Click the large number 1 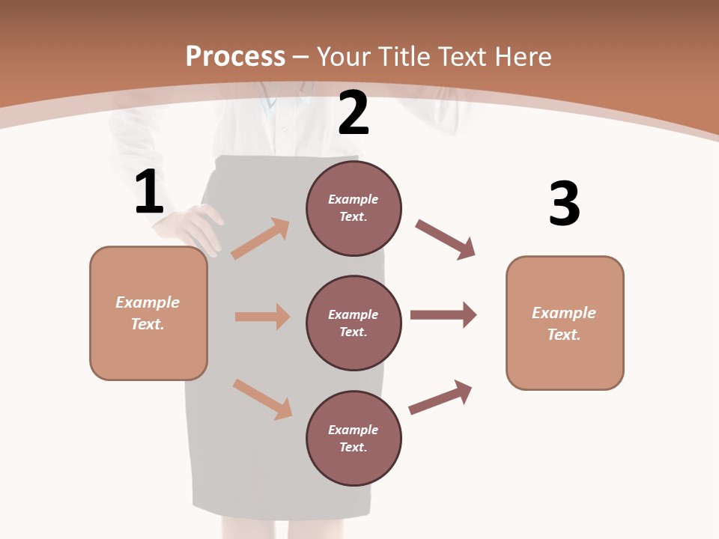[x=149, y=192]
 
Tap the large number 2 [x=354, y=113]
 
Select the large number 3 [x=564, y=204]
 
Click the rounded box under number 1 [x=148, y=313]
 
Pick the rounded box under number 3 [x=565, y=323]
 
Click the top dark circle [x=354, y=208]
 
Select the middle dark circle [x=354, y=323]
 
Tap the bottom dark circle [x=354, y=438]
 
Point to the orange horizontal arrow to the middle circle [x=262, y=317]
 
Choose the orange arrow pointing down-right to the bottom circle [x=262, y=399]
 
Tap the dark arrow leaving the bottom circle [x=440, y=397]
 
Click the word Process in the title [x=235, y=56]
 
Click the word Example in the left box [x=148, y=302]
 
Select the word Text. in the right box [x=564, y=335]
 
